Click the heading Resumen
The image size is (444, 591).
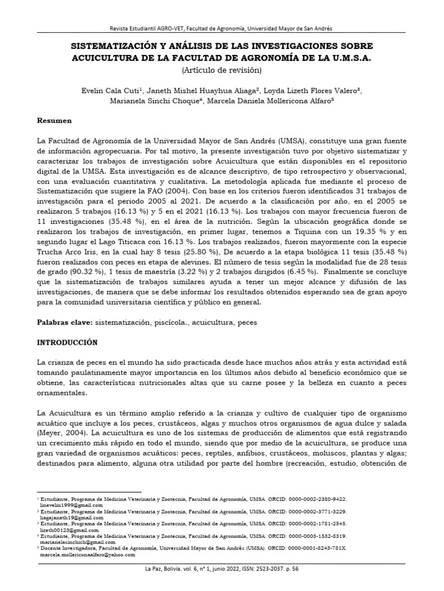point(54,121)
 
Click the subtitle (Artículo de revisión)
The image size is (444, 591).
point(222,70)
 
